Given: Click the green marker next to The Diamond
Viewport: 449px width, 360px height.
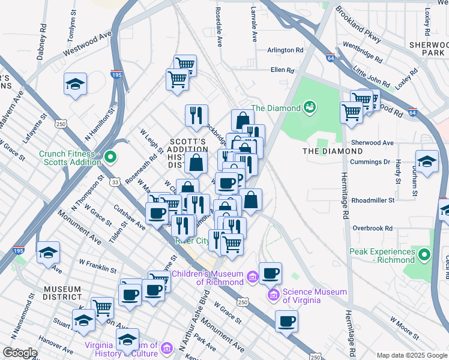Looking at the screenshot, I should coord(310,107).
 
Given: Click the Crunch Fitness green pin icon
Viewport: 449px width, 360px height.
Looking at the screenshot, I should coord(110,158).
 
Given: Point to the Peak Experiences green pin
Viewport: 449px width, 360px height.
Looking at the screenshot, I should coord(425,255).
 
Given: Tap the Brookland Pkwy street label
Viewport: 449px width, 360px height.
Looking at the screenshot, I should coord(359,25).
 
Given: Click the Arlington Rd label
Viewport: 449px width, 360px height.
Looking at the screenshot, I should coord(285,50).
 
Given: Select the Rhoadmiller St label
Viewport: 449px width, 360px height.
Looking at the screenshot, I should coord(372,200).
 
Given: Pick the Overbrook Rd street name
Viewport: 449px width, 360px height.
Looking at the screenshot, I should coord(372,228).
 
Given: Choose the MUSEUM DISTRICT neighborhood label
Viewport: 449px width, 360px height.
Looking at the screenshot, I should coord(62,293).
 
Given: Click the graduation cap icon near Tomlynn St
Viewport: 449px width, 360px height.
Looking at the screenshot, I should coord(76,83).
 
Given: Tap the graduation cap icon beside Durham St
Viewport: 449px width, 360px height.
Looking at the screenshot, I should coord(427,161).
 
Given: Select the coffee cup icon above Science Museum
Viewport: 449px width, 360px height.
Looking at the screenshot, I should coord(270,274).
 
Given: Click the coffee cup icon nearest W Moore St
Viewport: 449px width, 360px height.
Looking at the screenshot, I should coord(287,321).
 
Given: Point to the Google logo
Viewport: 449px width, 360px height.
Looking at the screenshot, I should coord(20,353).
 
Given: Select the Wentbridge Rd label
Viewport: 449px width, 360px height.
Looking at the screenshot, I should coord(362,52).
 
